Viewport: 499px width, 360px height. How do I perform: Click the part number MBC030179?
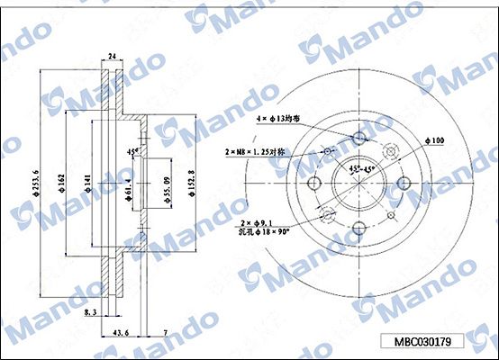pos(428,341)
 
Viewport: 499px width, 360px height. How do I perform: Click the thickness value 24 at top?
pos(113,57)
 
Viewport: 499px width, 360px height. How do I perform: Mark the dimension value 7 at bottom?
pos(165,333)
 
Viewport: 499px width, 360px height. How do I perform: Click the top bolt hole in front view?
pos(360,138)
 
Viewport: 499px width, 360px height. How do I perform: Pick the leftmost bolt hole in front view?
pos(314,183)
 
